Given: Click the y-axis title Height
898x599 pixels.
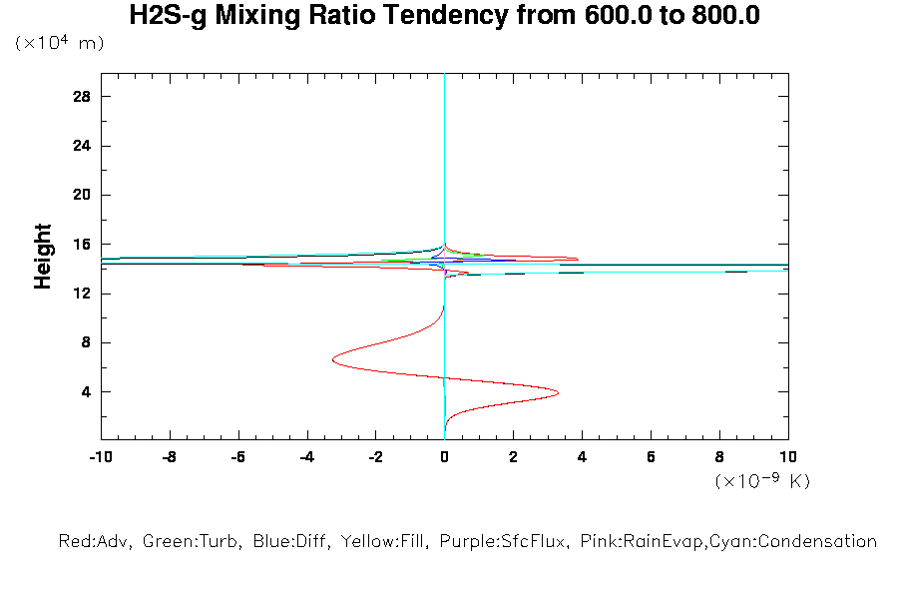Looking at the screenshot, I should coord(43,257).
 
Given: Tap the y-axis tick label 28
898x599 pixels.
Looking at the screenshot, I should coord(82,97).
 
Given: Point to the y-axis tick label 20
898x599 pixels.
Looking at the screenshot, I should coord(82,195).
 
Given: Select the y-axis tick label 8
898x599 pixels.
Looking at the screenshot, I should coord(87,342).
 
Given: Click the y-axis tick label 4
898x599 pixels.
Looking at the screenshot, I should coord(87,391).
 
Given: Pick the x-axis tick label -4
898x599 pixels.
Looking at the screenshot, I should coord(305,456).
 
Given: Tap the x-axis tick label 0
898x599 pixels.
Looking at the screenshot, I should coord(445,456).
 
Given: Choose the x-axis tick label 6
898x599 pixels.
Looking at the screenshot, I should coord(651,456).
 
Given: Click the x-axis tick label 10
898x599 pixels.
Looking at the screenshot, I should coord(788,456).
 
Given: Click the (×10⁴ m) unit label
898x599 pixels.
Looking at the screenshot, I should coord(59,43).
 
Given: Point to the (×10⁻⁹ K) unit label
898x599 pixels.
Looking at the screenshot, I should coord(762,481).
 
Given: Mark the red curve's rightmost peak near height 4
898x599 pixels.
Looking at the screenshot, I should coord(558,392).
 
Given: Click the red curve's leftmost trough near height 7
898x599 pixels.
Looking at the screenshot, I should coord(332,360).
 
